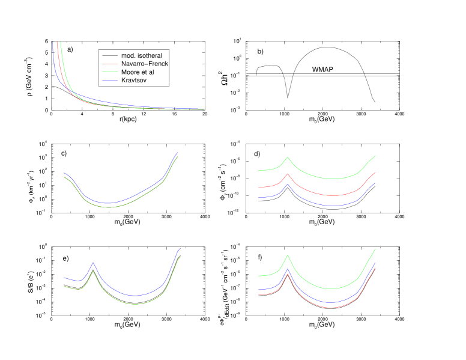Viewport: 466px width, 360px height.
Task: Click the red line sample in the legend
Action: pyautogui.click(x=110, y=64)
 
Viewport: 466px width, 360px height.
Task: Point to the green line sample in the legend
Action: pyautogui.click(x=110, y=72)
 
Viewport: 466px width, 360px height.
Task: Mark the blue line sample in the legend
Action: pyautogui.click(x=110, y=80)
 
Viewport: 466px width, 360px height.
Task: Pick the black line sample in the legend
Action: pyautogui.click(x=110, y=56)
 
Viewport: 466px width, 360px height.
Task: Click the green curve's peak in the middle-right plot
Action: pyautogui.click(x=288, y=157)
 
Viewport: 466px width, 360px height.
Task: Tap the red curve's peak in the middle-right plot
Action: pyautogui.click(x=288, y=174)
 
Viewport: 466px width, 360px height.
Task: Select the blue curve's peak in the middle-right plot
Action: pyautogui.click(x=288, y=184)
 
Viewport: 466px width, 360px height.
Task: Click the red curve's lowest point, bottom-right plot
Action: pyautogui.click(x=331, y=308)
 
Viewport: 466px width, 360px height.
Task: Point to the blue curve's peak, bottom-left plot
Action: pyautogui.click(x=93, y=263)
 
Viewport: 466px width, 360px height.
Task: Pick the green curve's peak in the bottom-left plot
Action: pyautogui.click(x=93, y=271)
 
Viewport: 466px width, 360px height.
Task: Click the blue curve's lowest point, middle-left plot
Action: pyautogui.click(x=108, y=203)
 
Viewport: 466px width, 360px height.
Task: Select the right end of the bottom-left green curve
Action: pyautogui.click(x=181, y=257)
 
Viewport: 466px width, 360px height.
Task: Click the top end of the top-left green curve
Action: pyautogui.click(x=61, y=42)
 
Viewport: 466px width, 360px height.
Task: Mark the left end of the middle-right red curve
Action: pyautogui.click(x=258, y=187)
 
